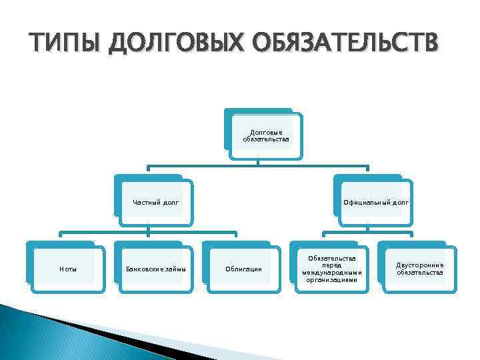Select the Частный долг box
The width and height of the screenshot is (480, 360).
pyautogui.click(x=155, y=202)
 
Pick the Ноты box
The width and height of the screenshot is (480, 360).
pyautogui.click(x=67, y=269)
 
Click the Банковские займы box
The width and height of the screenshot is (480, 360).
pyautogui.click(x=155, y=269)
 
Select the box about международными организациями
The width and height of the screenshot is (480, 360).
pyautogui.click(x=332, y=269)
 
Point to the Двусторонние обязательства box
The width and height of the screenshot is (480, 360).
pyautogui.click(x=419, y=269)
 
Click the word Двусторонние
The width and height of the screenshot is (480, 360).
pyautogui.click(x=419, y=265)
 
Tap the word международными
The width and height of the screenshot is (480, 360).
pyautogui.click(x=332, y=273)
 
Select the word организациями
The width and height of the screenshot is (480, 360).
pyautogui.click(x=332, y=280)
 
